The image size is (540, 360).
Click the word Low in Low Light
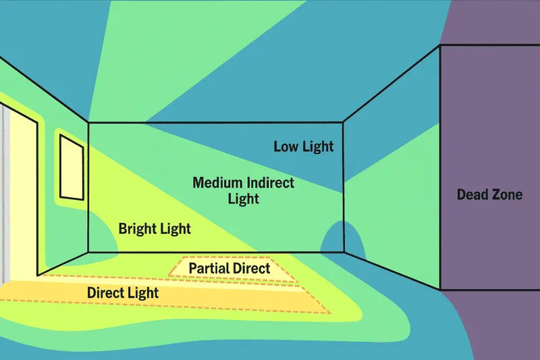286,147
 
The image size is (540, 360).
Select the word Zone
506,195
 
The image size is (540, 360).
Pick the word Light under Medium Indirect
244,199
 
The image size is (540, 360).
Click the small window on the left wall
72,167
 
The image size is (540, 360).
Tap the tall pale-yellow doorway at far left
23,193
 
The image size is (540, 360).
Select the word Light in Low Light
317,147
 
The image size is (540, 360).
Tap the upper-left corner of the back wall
88,122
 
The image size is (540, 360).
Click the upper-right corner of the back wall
343,122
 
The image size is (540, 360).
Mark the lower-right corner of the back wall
344,252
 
